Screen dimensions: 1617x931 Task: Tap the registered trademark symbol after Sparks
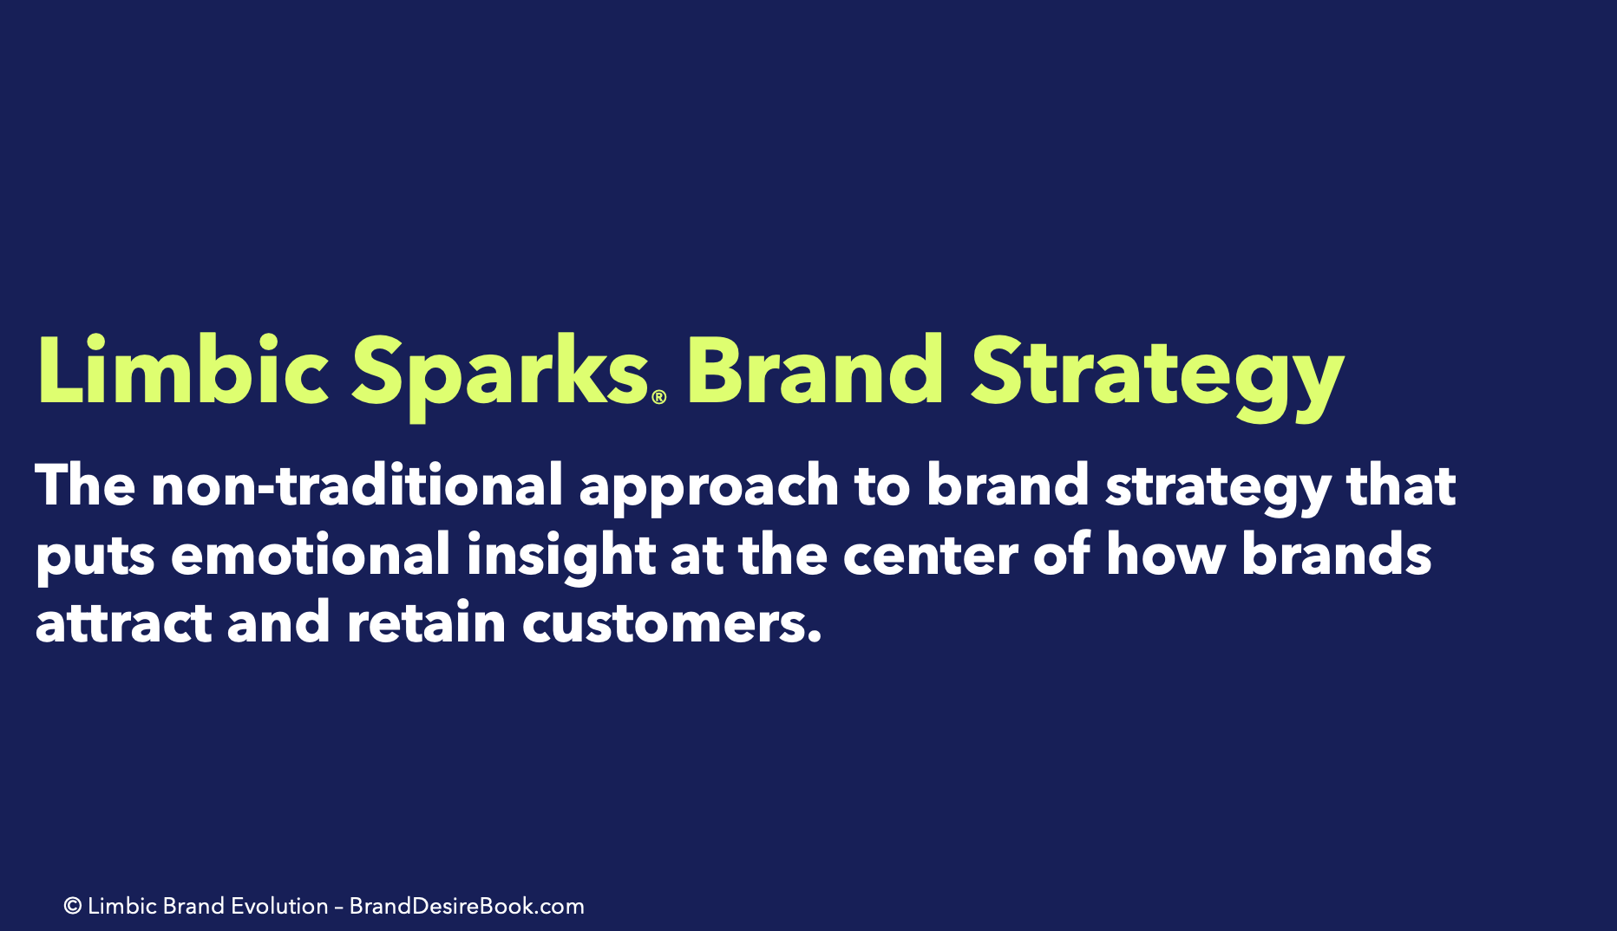(x=658, y=397)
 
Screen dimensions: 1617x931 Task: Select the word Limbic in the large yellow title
(x=183, y=368)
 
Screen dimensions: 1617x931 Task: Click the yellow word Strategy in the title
(x=1157, y=376)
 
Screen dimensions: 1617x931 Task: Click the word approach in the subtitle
(x=708, y=488)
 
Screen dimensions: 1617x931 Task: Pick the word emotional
(x=310, y=554)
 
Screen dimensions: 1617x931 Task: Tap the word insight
(x=560, y=557)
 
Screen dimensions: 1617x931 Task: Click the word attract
(x=123, y=623)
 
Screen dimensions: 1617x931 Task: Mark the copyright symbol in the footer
(x=73, y=907)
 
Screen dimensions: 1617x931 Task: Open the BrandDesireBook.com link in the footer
(x=467, y=906)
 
